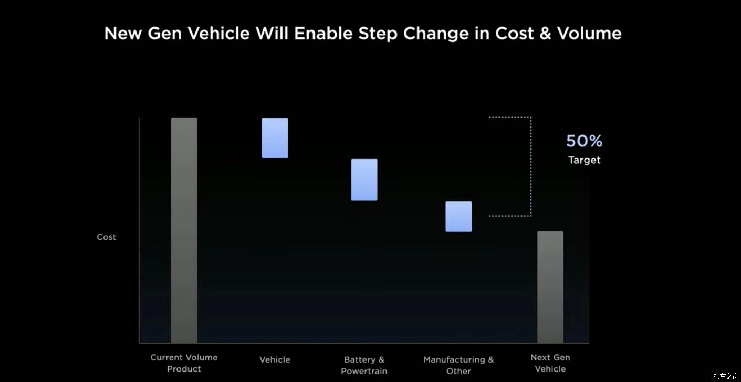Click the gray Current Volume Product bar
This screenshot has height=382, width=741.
click(x=184, y=230)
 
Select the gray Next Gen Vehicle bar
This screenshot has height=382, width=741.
click(x=550, y=287)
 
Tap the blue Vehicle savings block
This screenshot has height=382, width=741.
click(x=275, y=138)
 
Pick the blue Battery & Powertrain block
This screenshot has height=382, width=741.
click(x=364, y=180)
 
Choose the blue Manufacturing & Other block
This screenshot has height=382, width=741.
click(x=458, y=216)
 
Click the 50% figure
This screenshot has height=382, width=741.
click(x=584, y=141)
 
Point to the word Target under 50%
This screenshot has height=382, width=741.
click(x=584, y=160)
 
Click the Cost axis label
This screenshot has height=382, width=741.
click(x=106, y=237)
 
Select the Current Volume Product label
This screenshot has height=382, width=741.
click(x=184, y=363)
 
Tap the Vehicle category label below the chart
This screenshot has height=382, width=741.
click(x=275, y=359)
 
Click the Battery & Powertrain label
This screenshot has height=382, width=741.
click(x=364, y=365)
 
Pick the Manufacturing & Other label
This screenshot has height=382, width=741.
click(x=458, y=365)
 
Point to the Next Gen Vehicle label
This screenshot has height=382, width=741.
click(x=550, y=363)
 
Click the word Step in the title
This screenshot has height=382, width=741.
click(x=378, y=34)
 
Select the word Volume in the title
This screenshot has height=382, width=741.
click(x=589, y=34)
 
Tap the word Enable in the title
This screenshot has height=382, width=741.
click(x=323, y=34)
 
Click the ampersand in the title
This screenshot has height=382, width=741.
click(x=545, y=34)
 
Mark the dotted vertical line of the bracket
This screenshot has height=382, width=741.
click(x=531, y=166)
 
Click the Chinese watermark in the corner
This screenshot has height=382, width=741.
click(x=726, y=376)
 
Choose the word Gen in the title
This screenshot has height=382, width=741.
click(x=165, y=34)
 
